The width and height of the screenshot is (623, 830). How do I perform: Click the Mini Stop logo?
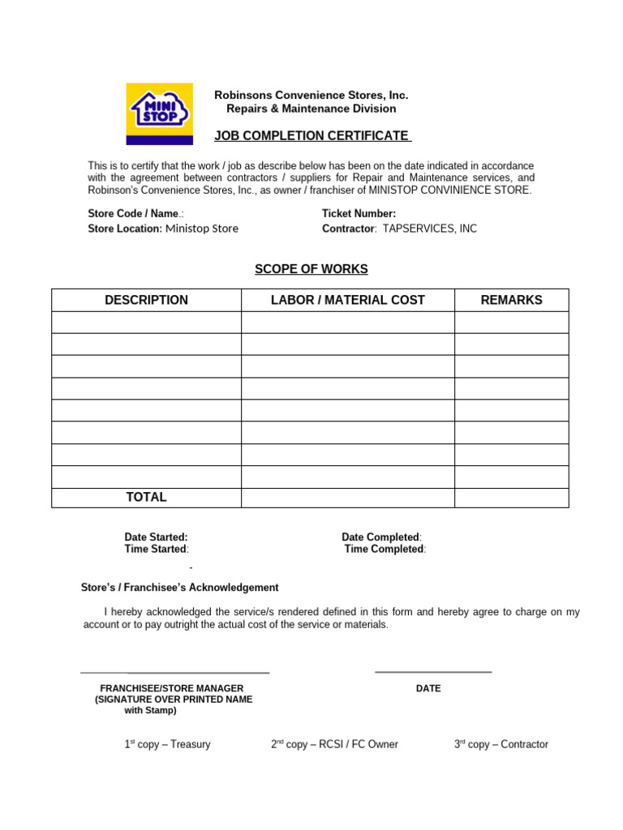tap(159, 113)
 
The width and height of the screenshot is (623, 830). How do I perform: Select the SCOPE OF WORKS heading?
tap(311, 269)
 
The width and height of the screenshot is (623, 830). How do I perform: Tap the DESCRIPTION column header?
tap(146, 300)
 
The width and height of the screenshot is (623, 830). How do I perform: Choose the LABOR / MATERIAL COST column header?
tap(347, 300)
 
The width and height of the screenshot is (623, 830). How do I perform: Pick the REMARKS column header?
tap(511, 300)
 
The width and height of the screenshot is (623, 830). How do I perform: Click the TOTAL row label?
tap(146, 497)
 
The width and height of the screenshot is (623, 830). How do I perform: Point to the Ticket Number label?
tap(359, 214)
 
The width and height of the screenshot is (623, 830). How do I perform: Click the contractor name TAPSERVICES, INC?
tap(430, 229)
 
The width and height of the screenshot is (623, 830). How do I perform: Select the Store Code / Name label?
tap(135, 214)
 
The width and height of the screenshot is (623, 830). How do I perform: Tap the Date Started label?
tap(156, 537)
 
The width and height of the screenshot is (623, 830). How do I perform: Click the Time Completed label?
tap(385, 549)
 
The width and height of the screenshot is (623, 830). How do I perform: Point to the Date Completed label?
tap(381, 537)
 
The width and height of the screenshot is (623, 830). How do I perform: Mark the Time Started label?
tap(156, 549)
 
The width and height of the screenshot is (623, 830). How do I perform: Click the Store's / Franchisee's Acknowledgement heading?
tap(180, 588)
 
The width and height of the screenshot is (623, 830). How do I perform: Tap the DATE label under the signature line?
tap(428, 688)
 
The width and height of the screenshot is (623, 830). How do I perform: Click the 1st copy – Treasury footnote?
tap(167, 744)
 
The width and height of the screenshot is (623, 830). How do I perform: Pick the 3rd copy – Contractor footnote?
tap(501, 744)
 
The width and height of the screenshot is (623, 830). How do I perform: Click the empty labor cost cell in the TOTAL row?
tap(347, 497)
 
